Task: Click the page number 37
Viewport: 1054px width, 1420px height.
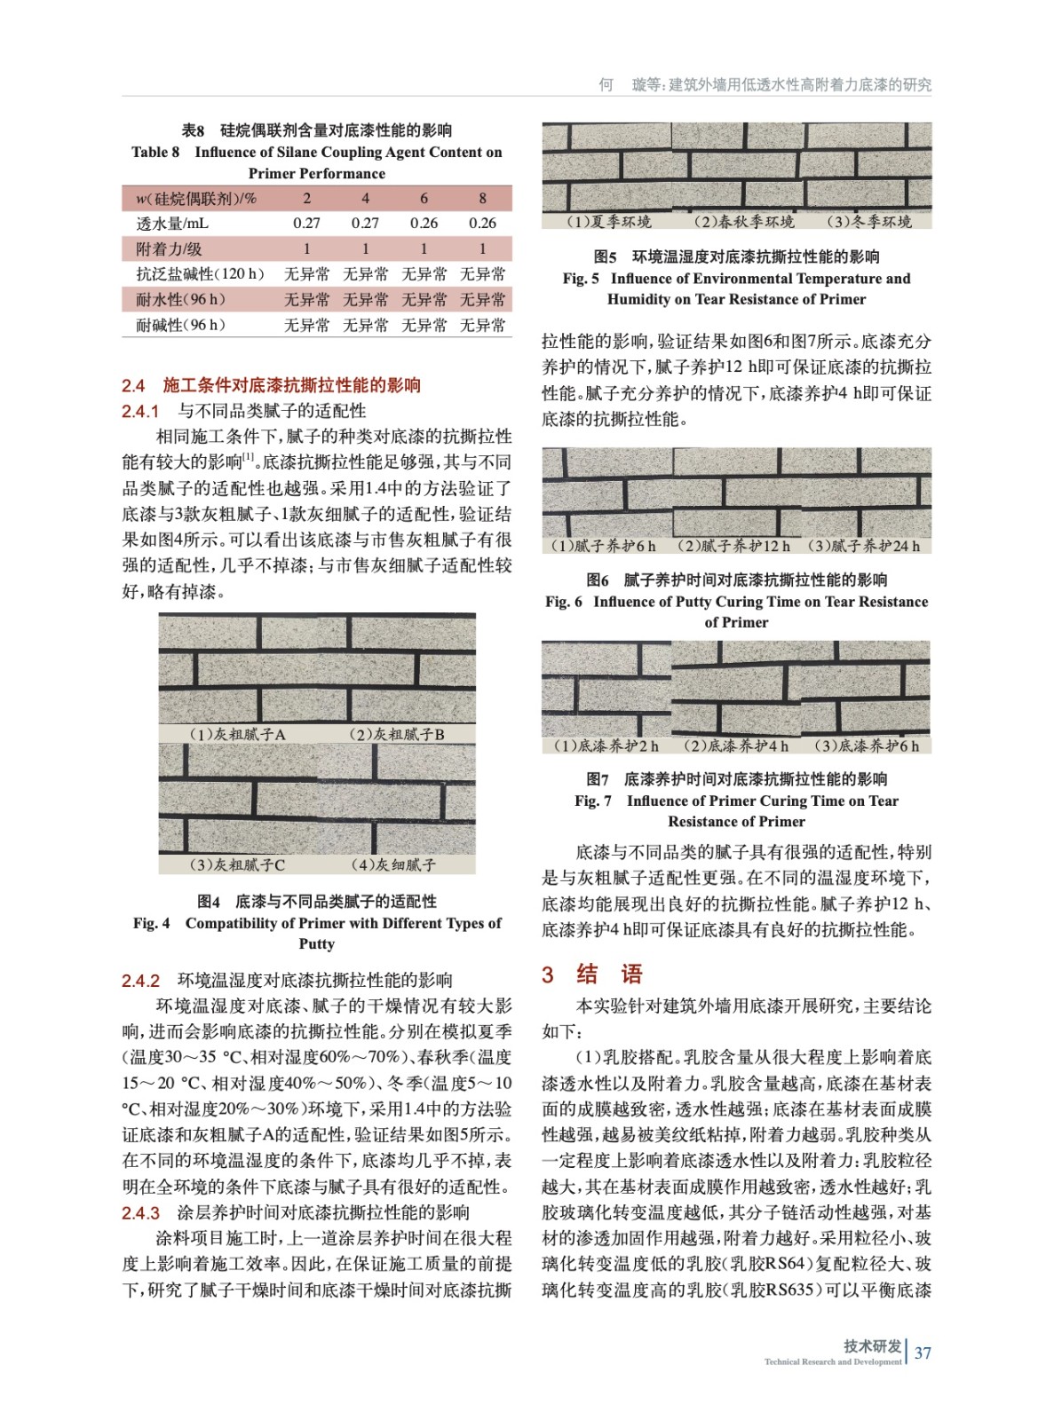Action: [x=923, y=1353]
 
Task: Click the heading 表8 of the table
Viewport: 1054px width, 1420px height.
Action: [x=194, y=130]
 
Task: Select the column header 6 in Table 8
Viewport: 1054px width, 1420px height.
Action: [x=424, y=198]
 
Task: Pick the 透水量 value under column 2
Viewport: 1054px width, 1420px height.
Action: [x=306, y=224]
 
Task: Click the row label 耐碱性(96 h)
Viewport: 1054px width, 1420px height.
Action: [x=181, y=326]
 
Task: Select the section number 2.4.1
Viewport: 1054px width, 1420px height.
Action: [x=140, y=411]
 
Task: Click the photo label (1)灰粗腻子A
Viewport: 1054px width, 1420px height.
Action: [x=238, y=734]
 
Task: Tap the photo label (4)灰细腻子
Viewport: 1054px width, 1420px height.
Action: [x=392, y=864]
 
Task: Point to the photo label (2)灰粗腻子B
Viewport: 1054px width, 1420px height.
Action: [x=397, y=734]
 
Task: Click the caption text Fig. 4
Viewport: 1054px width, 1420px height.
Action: [x=152, y=923]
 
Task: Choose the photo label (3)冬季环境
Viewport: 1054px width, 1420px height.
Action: [x=868, y=221]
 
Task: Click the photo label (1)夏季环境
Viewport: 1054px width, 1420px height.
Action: [x=609, y=221]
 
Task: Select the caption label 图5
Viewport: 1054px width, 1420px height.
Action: [x=605, y=257]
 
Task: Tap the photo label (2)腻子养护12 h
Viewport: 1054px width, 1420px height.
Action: [x=733, y=546]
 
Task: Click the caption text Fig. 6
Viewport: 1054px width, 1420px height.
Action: [x=564, y=602]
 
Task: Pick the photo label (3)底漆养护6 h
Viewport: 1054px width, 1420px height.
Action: [x=867, y=745]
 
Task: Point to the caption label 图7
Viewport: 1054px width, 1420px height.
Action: [x=598, y=779]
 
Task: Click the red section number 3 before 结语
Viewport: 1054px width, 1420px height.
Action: [x=548, y=974]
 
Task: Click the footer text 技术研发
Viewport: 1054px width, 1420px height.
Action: [x=872, y=1346]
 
